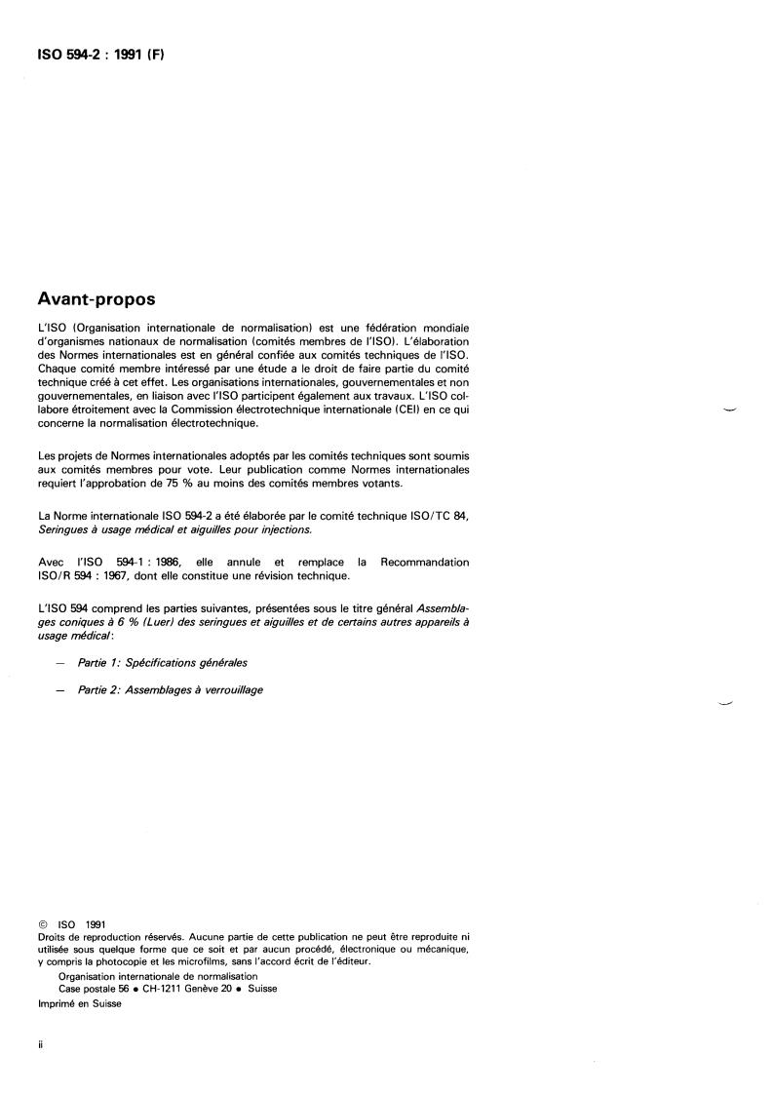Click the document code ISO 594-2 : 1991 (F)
[x=100, y=55]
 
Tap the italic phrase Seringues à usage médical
[x=126, y=528]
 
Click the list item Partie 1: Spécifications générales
[x=164, y=662]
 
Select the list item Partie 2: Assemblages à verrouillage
[x=172, y=690]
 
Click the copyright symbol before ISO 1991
[x=42, y=923]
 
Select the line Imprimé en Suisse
[x=80, y=1004]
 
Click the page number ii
[x=39, y=1041]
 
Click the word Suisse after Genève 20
[x=262, y=988]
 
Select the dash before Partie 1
[x=61, y=663]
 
